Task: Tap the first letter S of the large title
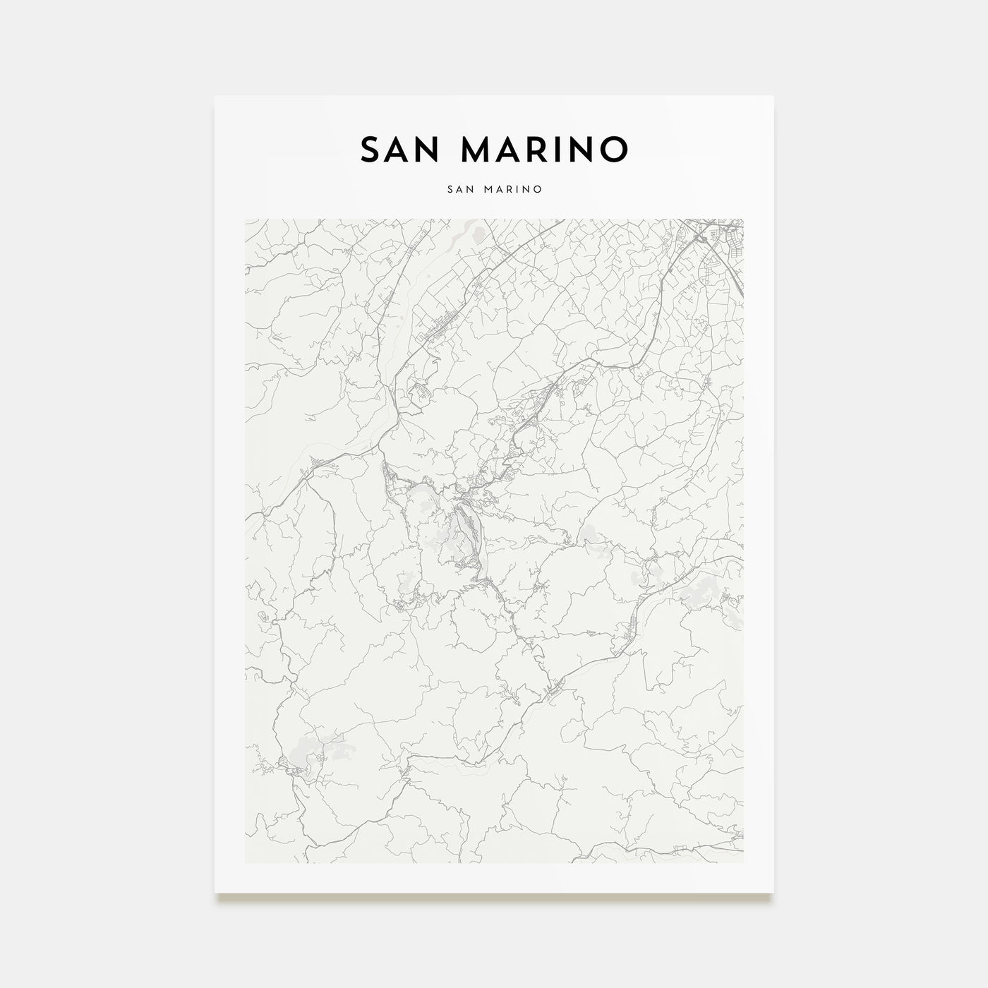click(x=370, y=150)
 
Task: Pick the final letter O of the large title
click(x=613, y=150)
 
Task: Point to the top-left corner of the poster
click(x=215, y=96)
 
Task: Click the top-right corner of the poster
click(x=773, y=96)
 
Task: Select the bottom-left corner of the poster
click(x=215, y=893)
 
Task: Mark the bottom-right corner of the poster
click(x=773, y=893)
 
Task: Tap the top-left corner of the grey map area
click(x=246, y=219)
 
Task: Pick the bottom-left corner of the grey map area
click(x=246, y=862)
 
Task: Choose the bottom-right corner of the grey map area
click(x=743, y=862)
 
